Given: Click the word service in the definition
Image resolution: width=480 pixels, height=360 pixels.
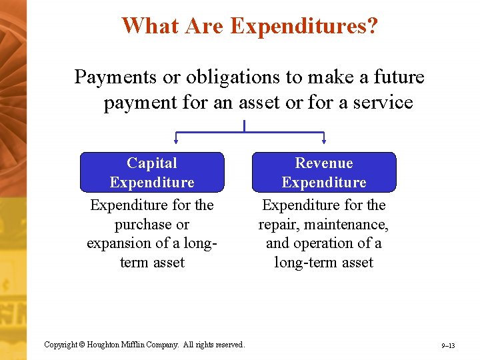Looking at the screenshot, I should pos(381,103).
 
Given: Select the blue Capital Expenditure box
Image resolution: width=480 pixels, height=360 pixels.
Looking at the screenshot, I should pos(152,172).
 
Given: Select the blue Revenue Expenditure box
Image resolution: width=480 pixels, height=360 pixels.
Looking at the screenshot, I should pos(324,172).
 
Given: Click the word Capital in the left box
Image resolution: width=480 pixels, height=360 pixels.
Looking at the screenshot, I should pos(152,163).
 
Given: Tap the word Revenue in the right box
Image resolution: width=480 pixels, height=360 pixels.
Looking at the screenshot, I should pos(324,163).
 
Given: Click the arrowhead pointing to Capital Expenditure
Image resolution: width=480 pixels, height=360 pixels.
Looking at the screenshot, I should pos(176,141).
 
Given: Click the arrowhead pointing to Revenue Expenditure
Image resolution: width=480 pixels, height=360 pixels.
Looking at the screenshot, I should pos(324,141).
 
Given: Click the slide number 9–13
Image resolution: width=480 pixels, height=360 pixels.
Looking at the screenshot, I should pos(448,346).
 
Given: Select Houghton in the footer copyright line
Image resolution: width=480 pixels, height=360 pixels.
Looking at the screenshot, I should pos(103,345).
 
